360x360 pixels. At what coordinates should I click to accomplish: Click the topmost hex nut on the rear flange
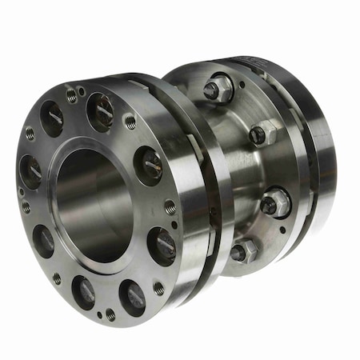coord(218,89)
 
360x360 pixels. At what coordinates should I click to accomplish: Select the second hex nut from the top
coord(262,134)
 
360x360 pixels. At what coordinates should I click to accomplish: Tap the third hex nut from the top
coord(274,202)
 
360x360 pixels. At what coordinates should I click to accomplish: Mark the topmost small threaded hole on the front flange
coord(72,95)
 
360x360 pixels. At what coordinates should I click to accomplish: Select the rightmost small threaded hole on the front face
coord(170,206)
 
